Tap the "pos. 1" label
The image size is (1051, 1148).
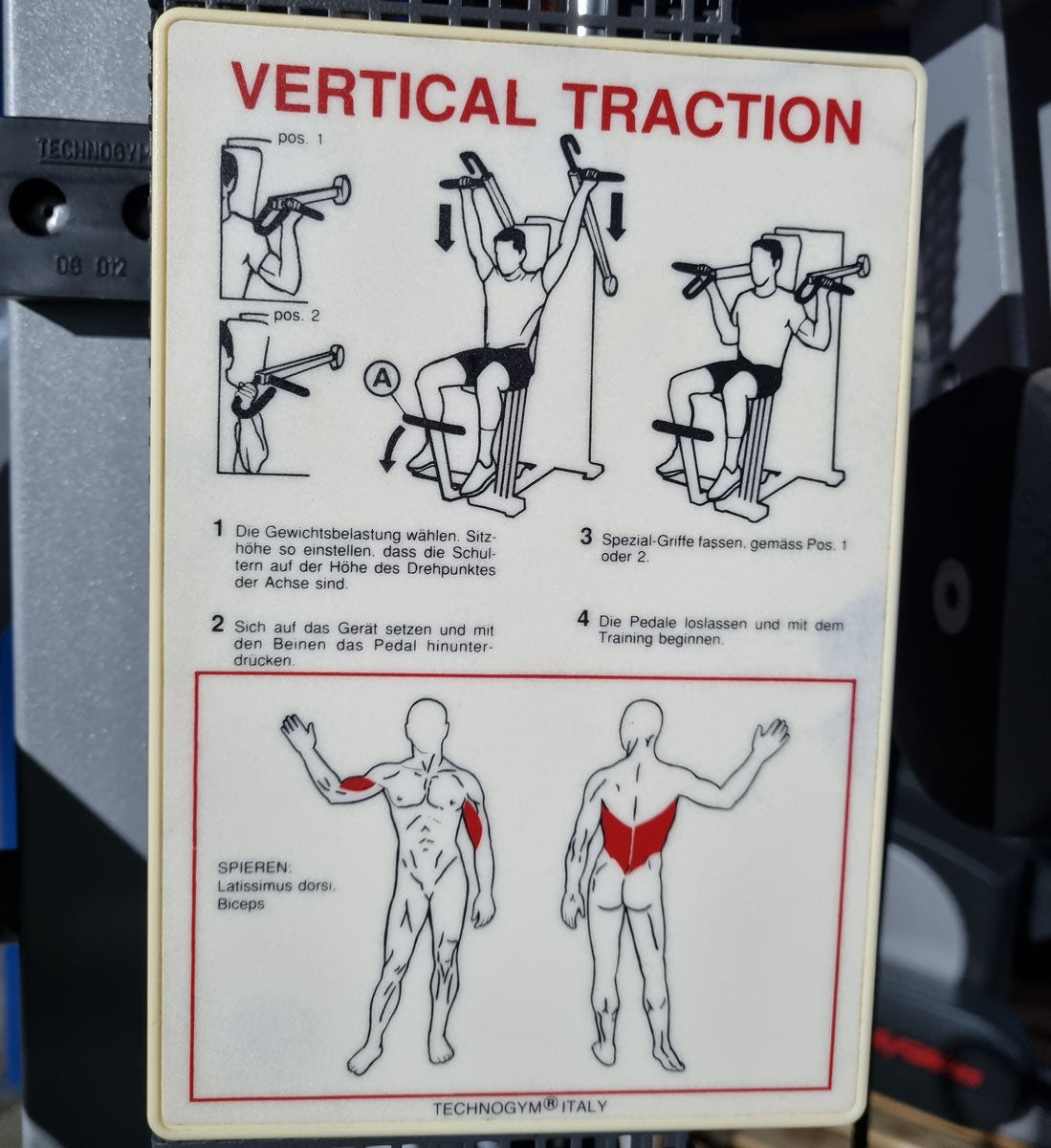click(300, 139)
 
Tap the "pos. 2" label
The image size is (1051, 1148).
click(296, 316)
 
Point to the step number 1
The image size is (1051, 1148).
click(217, 528)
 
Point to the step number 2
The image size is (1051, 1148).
click(217, 624)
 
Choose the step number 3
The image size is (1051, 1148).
click(586, 537)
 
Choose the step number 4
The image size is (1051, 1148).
click(583, 619)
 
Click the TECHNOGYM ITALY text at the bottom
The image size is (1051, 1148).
click(519, 1107)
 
